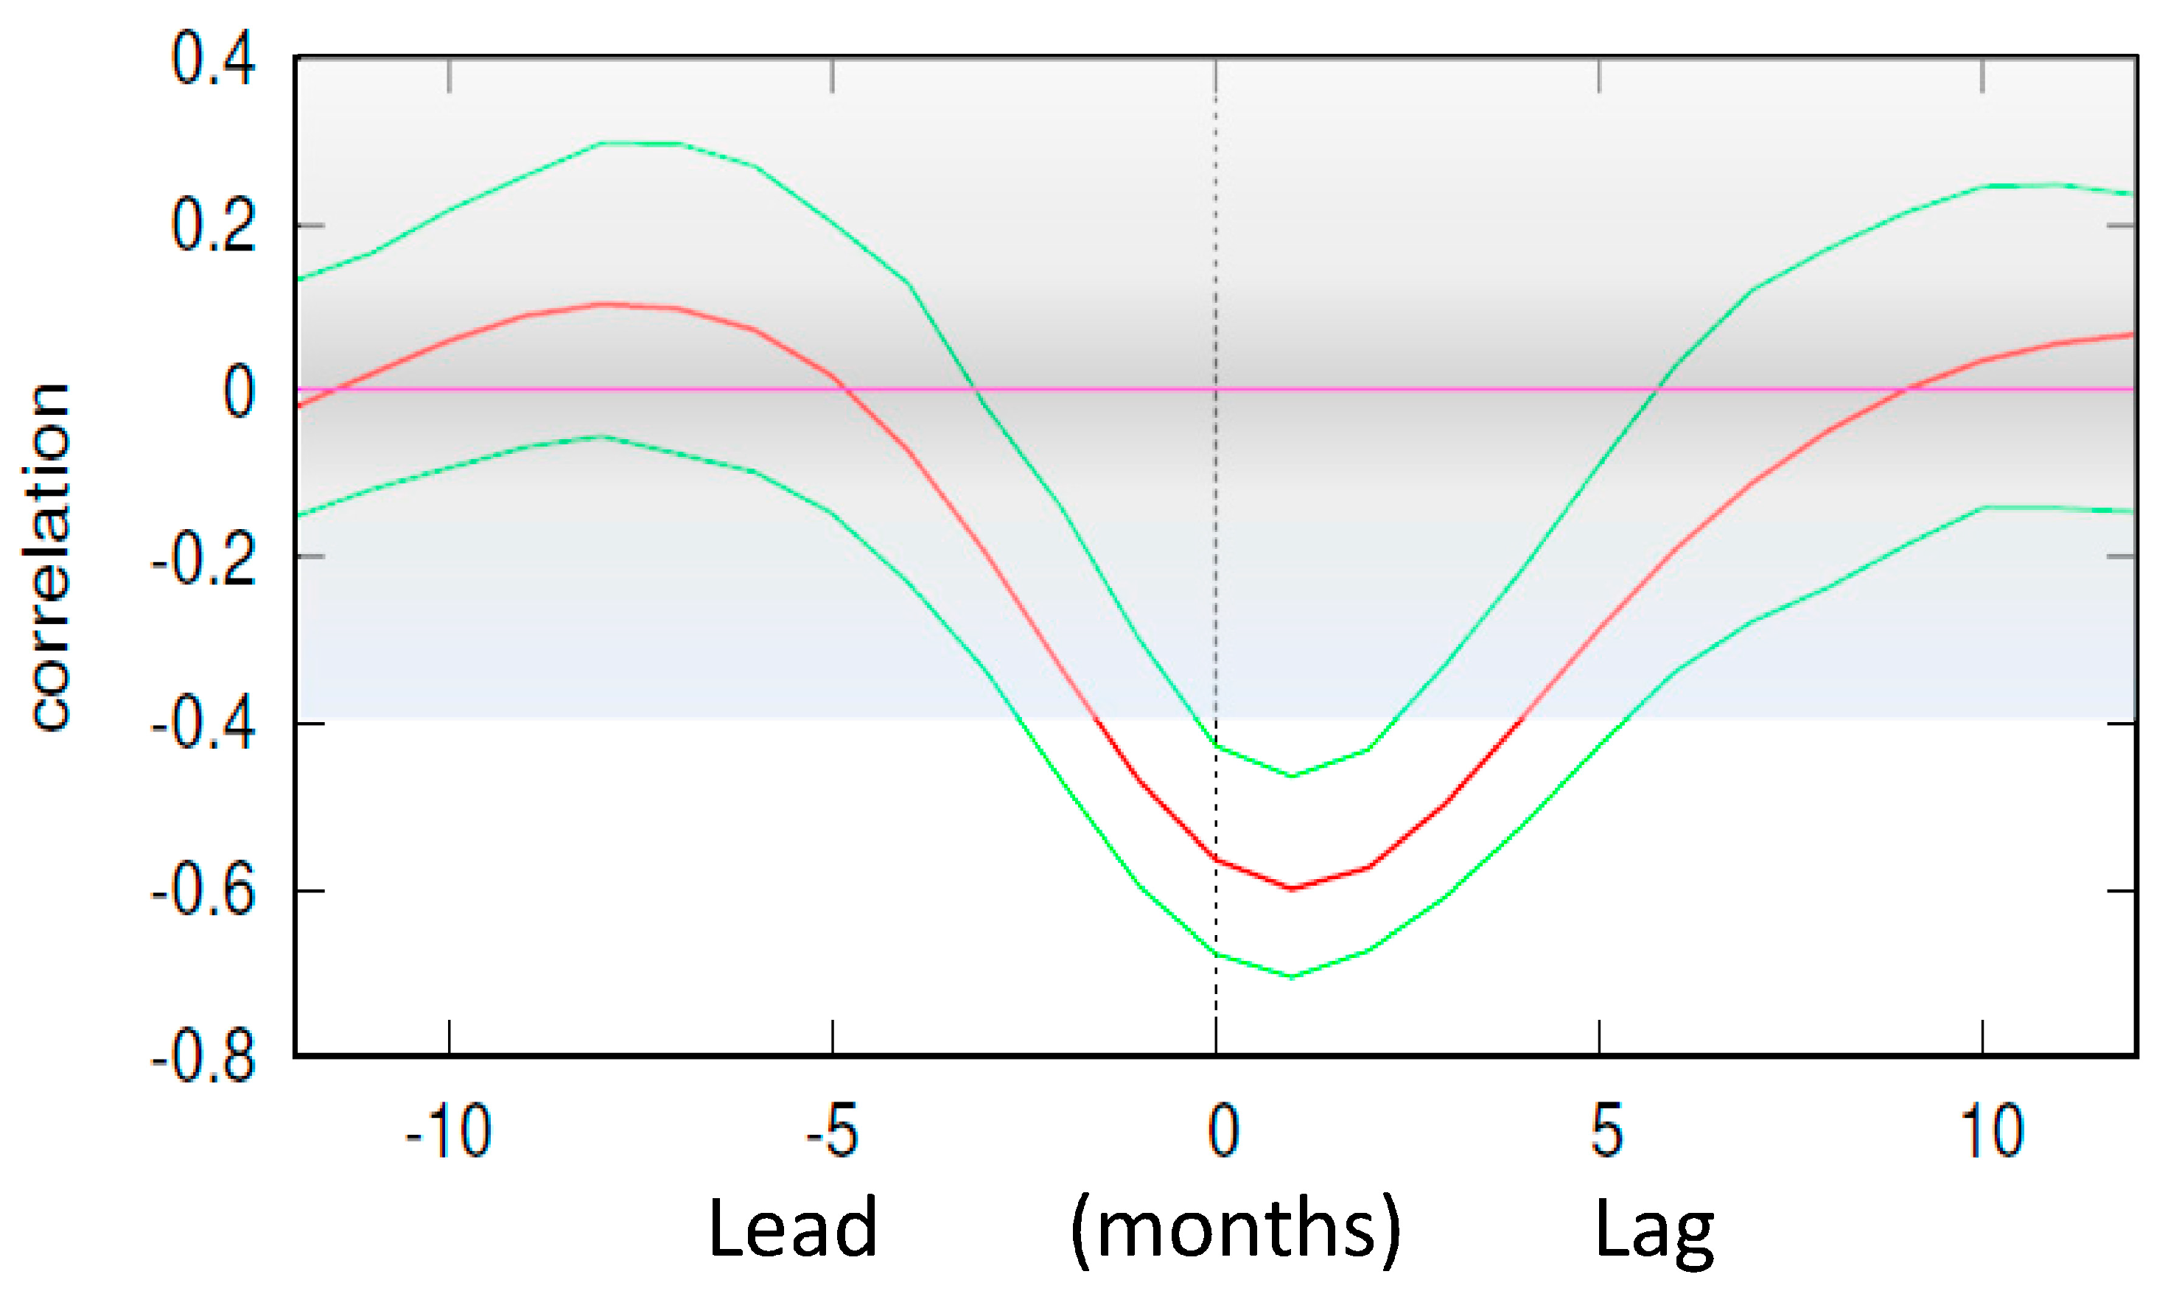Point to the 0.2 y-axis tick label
(x=213, y=226)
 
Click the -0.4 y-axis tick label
(x=203, y=724)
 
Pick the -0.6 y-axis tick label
(x=203, y=892)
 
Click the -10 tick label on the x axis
(x=448, y=1131)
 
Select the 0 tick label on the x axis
(x=1223, y=1131)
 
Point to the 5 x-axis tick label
(x=1606, y=1131)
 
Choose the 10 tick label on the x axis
(x=1991, y=1131)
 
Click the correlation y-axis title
(x=50, y=557)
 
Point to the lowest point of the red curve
(x=1293, y=888)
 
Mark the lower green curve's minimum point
(x=1293, y=976)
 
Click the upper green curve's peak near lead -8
(x=641, y=143)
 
